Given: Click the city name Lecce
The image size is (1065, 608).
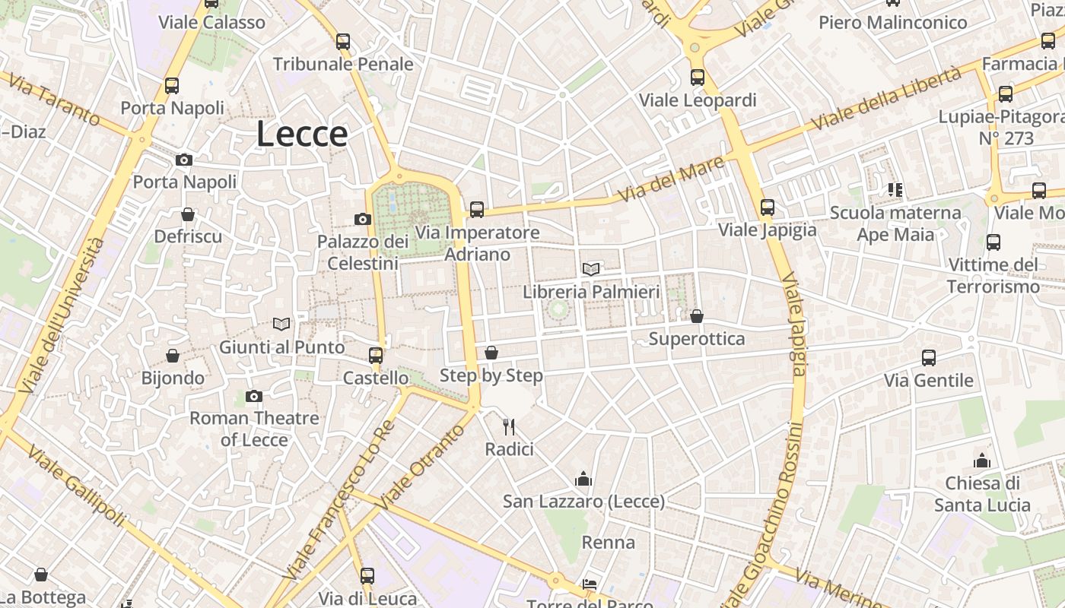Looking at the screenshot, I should click(x=302, y=135).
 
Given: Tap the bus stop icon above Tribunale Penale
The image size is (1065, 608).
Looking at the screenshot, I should click(x=343, y=41).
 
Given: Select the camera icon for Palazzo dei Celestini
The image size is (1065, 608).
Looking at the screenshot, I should click(x=363, y=219).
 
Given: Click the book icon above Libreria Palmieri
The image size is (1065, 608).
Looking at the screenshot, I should click(x=591, y=268).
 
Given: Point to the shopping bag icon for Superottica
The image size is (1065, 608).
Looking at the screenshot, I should click(x=696, y=315).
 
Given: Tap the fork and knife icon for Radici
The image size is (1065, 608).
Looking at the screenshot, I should click(x=509, y=426).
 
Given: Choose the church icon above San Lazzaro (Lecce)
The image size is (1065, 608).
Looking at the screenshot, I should click(x=583, y=478).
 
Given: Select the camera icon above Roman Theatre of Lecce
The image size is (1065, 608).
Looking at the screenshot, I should click(x=254, y=395).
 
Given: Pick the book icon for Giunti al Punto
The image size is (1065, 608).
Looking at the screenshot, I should click(x=281, y=324).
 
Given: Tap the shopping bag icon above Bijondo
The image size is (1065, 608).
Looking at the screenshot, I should click(x=173, y=355).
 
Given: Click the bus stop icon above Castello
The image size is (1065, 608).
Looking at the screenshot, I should click(x=375, y=355).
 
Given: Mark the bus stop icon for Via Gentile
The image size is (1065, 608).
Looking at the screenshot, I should click(x=928, y=357).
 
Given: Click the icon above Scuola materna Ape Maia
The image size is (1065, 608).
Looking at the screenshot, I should click(x=895, y=189).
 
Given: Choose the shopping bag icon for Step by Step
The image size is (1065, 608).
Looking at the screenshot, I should click(x=491, y=353).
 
